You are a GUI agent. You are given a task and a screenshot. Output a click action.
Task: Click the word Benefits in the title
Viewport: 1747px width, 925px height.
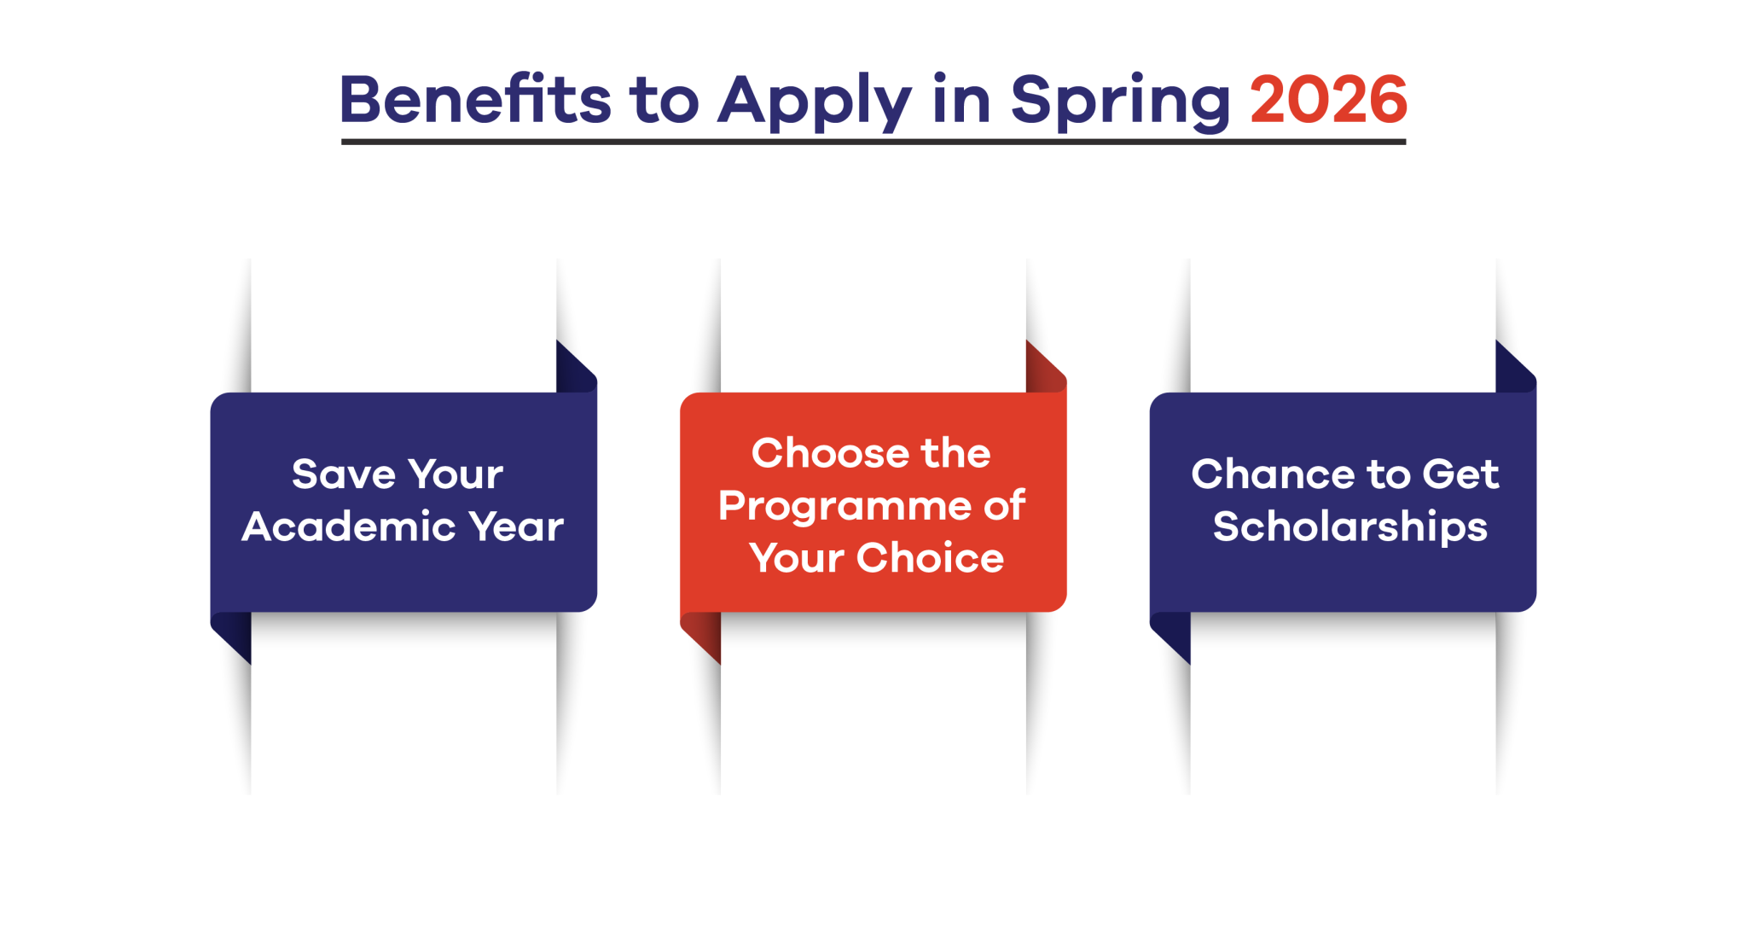[x=475, y=100]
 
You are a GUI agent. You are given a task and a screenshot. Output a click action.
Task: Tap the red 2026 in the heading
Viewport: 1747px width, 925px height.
[x=1328, y=100]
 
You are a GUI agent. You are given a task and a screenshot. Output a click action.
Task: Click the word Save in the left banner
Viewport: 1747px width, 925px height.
[x=344, y=474]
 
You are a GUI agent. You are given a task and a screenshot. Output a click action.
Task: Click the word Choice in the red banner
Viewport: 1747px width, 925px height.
[x=930, y=558]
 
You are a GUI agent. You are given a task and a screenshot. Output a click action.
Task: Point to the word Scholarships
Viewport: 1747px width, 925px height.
[x=1349, y=527]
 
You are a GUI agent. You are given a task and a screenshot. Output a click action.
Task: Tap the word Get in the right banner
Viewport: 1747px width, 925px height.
[x=1460, y=474]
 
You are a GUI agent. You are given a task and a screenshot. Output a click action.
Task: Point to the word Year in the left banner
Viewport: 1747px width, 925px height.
[x=516, y=526]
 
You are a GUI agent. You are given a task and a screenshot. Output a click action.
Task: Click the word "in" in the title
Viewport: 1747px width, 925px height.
[x=961, y=100]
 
